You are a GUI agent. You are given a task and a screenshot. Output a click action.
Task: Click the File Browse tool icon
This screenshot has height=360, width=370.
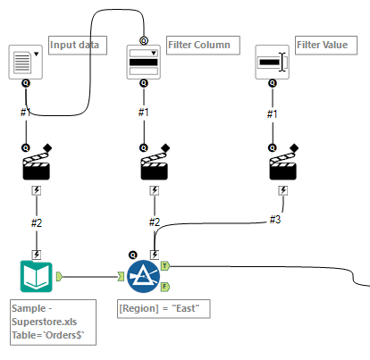pos(26,62)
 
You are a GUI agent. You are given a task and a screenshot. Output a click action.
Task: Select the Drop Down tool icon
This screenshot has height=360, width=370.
pos(144,62)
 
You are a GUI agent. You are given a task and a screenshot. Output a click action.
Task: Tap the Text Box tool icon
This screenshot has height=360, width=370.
pos(273,62)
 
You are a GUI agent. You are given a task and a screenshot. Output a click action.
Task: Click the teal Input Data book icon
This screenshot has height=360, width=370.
pos(37,276)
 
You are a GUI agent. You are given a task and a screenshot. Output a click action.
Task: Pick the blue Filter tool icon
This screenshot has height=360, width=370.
pos(144,276)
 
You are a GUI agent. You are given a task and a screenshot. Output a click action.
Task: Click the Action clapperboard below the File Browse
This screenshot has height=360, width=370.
pos(37,163)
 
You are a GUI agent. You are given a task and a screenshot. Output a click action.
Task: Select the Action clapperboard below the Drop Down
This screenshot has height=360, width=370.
pos(155,163)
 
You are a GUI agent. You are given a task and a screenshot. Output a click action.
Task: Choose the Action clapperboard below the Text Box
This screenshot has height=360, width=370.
pos(283,163)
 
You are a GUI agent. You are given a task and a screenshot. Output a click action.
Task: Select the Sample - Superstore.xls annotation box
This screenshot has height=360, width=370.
pos(53,322)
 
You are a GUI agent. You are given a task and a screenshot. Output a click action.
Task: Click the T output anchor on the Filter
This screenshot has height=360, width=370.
pos(165,266)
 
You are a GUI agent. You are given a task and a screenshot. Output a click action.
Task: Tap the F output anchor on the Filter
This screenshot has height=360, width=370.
pos(165,287)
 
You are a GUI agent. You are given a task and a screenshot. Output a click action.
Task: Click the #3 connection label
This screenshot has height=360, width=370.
pos(275,220)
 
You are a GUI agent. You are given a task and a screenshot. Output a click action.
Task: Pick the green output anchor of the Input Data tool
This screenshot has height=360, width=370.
pos(60,277)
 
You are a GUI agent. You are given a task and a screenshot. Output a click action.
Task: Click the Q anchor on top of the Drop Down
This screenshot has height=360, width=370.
pos(144,40)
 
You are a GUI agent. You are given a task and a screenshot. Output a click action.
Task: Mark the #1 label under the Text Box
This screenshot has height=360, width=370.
pos(273,113)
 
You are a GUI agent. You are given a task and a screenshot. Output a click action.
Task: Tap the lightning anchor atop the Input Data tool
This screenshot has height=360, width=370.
pos(37,255)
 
